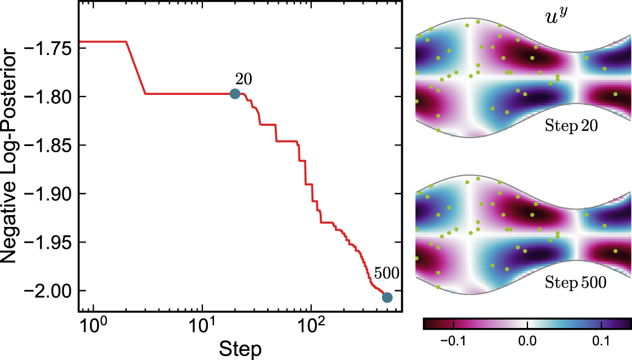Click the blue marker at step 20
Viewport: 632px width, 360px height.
point(235,94)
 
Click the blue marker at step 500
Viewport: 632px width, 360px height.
point(387,298)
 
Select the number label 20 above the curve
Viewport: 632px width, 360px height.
point(243,79)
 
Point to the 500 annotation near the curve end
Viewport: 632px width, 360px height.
point(386,274)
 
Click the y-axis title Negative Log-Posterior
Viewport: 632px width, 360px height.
point(12,155)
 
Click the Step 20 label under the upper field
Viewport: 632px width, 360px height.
point(571,126)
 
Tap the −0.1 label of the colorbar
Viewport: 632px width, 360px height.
point(449,341)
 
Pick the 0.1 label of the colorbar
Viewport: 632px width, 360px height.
point(602,341)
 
